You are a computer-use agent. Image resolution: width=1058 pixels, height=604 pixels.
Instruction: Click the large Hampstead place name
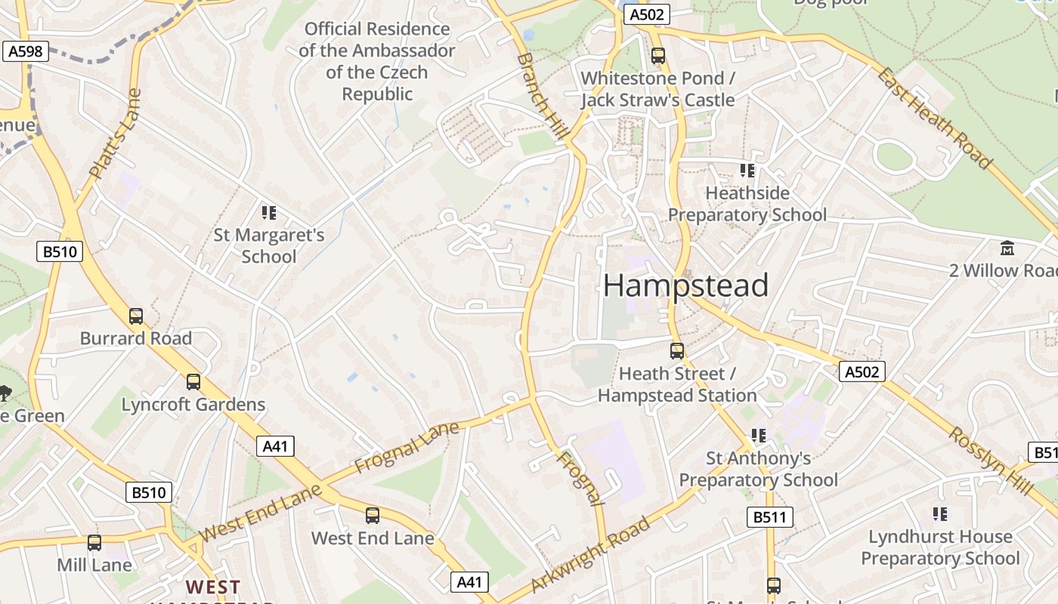pyautogui.click(x=685, y=285)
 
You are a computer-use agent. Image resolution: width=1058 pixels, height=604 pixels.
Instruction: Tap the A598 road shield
pyautogui.click(x=26, y=51)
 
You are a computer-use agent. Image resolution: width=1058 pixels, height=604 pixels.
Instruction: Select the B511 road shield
pyautogui.click(x=771, y=517)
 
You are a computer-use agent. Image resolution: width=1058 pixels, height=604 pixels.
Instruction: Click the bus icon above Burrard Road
pyautogui.click(x=136, y=316)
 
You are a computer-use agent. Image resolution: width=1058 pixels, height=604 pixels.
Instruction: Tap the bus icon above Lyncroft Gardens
pyautogui.click(x=193, y=382)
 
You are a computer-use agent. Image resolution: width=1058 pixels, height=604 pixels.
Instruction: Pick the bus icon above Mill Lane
pyautogui.click(x=94, y=543)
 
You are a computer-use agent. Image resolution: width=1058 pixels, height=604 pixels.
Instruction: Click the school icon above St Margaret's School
pyautogui.click(x=269, y=213)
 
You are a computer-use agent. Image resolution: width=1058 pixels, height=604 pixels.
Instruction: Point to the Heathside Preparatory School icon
pyautogui.click(x=747, y=171)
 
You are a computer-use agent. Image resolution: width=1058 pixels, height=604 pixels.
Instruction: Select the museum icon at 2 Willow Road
pyautogui.click(x=1007, y=248)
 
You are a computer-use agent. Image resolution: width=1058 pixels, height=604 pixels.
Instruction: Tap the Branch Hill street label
pyautogui.click(x=543, y=95)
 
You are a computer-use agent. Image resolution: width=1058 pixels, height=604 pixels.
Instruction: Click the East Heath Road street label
pyautogui.click(x=934, y=118)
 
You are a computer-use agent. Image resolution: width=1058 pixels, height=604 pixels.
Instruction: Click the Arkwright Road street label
pyautogui.click(x=590, y=555)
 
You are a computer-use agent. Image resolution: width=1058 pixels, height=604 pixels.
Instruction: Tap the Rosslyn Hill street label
pyautogui.click(x=990, y=461)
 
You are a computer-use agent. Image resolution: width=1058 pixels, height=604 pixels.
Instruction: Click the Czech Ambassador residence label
pyautogui.click(x=377, y=62)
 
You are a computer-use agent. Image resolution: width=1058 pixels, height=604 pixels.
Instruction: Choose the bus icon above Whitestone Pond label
pyautogui.click(x=658, y=56)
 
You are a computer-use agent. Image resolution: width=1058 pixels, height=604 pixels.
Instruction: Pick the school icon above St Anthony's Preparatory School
pyautogui.click(x=759, y=436)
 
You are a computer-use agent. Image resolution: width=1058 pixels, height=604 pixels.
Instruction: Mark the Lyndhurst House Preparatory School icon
pyautogui.click(x=940, y=514)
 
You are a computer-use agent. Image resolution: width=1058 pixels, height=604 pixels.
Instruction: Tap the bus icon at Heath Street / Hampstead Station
pyautogui.click(x=677, y=351)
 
